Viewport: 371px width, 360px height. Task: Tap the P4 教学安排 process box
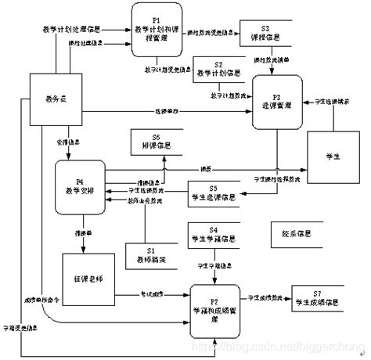coord(81,186)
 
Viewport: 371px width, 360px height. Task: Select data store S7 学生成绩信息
coord(320,299)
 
